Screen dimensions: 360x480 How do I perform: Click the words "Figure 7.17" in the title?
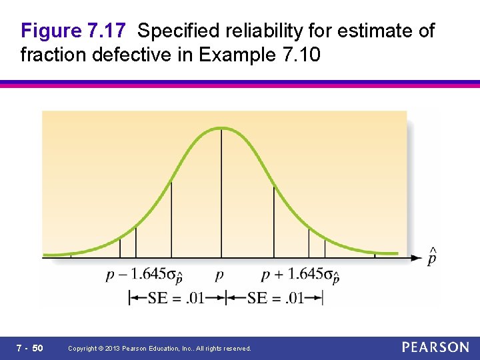tap(74, 31)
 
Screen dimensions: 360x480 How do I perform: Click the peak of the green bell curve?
tap(222, 128)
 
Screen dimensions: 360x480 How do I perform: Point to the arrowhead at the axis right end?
tap(417, 257)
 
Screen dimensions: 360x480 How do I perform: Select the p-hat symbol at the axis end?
tap(432, 257)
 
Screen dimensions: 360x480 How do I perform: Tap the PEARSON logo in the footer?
tap(435, 347)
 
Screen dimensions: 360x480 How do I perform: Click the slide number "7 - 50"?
tap(29, 348)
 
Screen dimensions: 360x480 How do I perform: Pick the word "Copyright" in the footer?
tap(83, 349)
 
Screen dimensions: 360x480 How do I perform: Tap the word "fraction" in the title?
tap(50, 55)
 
